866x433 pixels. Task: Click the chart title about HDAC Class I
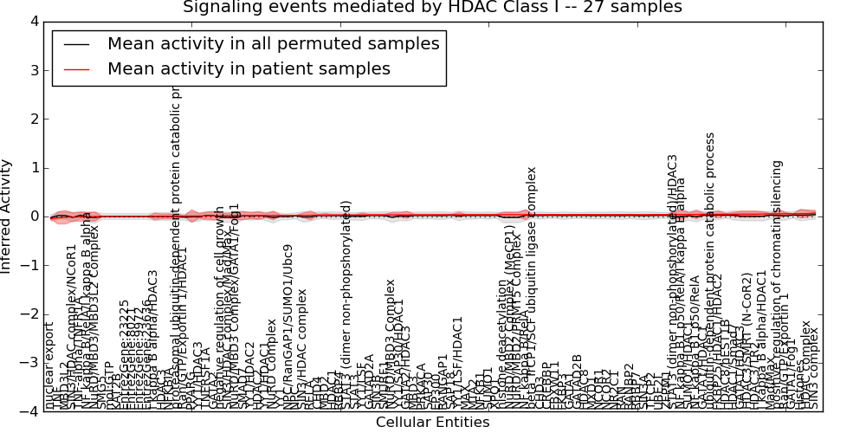[432, 8]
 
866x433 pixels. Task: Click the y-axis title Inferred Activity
[8, 216]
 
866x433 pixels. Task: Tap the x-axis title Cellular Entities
[432, 423]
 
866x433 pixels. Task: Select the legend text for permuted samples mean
[273, 43]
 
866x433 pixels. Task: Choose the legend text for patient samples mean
[249, 68]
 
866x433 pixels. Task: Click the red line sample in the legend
[76, 69]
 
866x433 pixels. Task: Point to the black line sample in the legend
[76, 44]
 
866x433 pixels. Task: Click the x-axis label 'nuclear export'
[50, 366]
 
